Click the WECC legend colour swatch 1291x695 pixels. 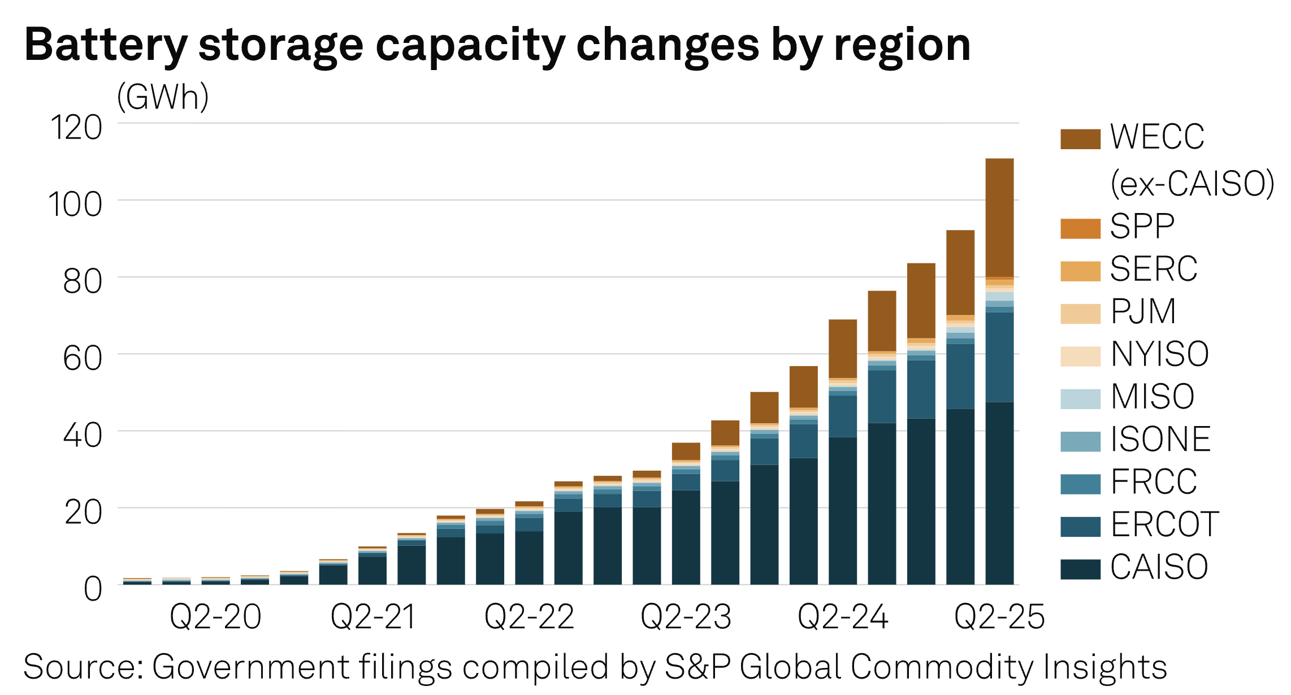1080,139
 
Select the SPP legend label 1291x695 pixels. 1142,227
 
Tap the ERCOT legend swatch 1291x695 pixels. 1080,527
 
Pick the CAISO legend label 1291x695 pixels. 1159,567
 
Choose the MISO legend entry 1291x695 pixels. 1152,397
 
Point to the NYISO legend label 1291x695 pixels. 1159,354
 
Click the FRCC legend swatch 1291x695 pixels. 1080,484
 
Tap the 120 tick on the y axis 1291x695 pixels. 76,128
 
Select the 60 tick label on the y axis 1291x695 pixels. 83,359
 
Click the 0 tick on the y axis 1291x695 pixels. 93,589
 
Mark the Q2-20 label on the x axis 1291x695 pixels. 215,617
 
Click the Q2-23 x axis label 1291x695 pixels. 686,617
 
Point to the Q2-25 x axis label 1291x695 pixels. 999,617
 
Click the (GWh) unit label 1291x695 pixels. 163,97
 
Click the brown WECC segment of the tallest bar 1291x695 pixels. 999,218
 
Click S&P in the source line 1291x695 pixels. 698,667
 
